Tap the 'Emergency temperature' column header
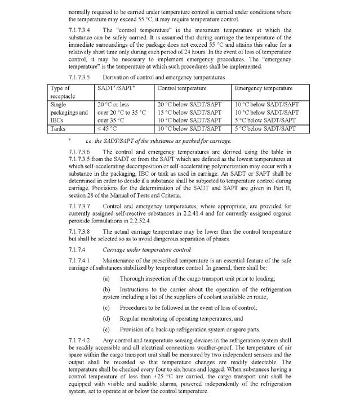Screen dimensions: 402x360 point(263,88)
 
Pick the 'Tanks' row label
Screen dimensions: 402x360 point(59,128)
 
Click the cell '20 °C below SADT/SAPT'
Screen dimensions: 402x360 point(189,105)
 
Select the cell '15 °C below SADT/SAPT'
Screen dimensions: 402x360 point(189,113)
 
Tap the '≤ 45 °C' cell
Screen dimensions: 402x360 point(108,128)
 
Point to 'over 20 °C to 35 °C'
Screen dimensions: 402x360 point(121,113)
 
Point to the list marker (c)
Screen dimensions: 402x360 point(106,307)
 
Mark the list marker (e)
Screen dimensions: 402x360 point(106,328)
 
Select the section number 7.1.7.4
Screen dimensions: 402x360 point(77,249)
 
